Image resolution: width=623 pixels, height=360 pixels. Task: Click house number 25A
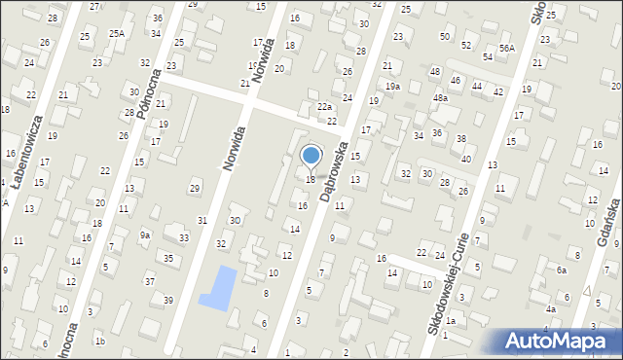pyautogui.click(x=117, y=34)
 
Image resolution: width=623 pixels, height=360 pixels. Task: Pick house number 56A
pyautogui.click(x=506, y=48)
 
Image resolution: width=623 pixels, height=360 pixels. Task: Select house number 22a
pyautogui.click(x=324, y=107)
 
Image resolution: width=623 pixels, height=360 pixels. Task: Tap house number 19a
pyautogui.click(x=391, y=87)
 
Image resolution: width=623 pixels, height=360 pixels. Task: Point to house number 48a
pyautogui.click(x=441, y=98)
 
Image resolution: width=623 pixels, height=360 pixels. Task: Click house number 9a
pyautogui.click(x=145, y=234)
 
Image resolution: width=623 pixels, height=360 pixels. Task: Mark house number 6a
pyautogui.click(x=562, y=270)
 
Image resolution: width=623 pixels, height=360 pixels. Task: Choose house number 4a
pyautogui.click(x=551, y=309)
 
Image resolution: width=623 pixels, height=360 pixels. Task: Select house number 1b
pyautogui.click(x=100, y=342)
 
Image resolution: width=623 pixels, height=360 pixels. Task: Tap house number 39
pyautogui.click(x=167, y=300)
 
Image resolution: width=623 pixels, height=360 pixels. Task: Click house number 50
pyautogui.click(x=445, y=36)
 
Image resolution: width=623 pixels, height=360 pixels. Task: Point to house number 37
pyautogui.click(x=150, y=281)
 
